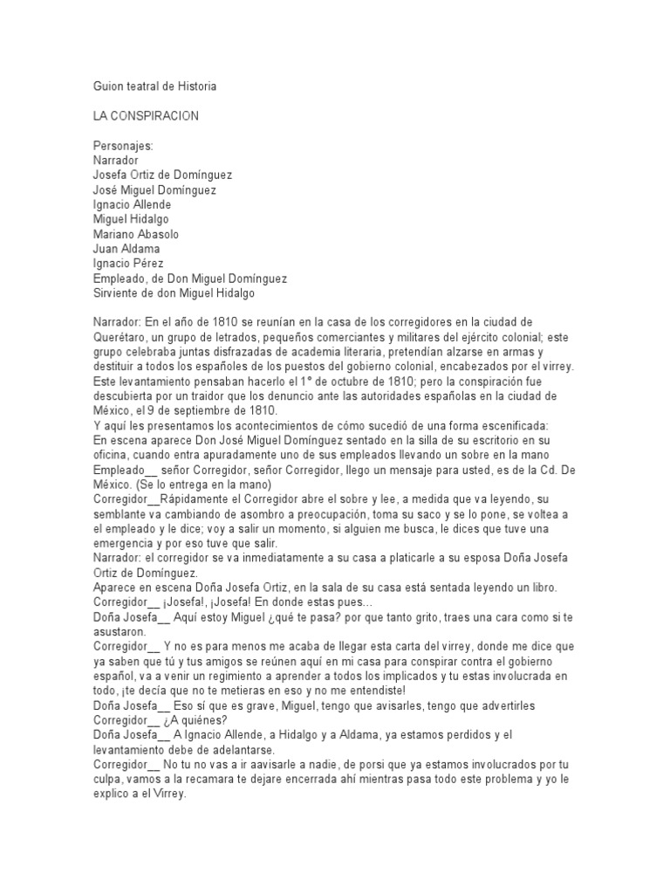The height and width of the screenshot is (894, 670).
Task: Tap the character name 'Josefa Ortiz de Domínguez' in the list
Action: click(163, 175)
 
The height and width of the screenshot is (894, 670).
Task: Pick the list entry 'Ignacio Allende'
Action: click(133, 204)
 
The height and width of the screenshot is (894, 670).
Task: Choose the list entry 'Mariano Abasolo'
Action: click(135, 234)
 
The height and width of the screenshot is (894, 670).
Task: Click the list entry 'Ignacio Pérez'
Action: click(128, 263)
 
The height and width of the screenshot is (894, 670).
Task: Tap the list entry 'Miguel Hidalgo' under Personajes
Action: click(133, 219)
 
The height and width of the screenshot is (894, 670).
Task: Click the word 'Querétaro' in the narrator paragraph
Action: click(121, 337)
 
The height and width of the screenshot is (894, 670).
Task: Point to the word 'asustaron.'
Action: click(121, 631)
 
